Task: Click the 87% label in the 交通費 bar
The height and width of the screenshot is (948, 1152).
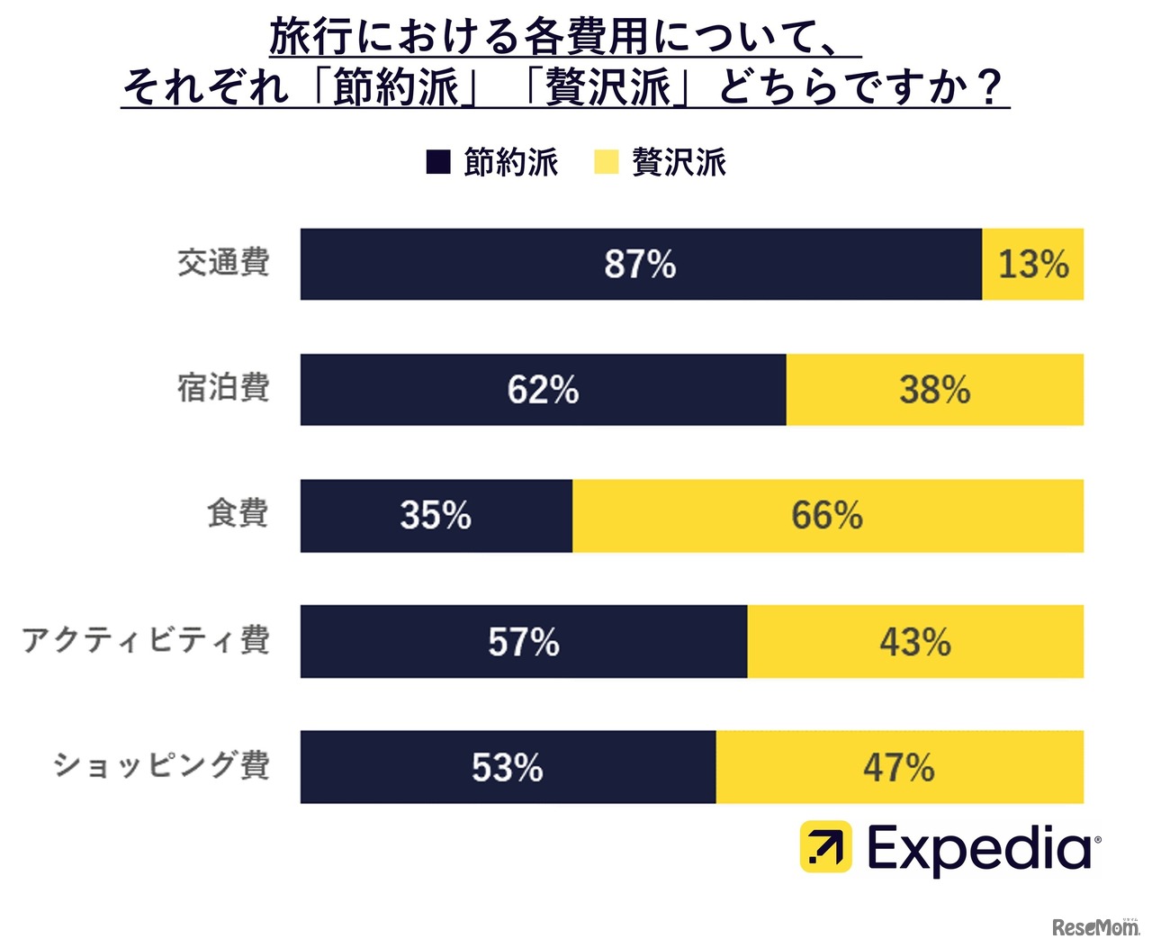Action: point(640,264)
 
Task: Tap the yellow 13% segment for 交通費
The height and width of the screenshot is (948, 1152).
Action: point(1033,264)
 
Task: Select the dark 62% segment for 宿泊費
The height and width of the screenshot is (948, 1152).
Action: point(543,390)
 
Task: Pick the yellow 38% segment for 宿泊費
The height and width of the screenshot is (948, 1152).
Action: point(934,390)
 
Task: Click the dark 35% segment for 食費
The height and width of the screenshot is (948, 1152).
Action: point(436,516)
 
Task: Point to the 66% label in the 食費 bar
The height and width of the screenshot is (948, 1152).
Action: point(826,516)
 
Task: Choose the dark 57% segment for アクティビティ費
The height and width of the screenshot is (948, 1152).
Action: point(523,642)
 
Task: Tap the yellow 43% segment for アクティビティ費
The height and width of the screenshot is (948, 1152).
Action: point(914,642)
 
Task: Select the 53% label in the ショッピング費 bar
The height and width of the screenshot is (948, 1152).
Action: point(507,768)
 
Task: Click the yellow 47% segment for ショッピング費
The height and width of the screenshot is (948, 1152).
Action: point(898,768)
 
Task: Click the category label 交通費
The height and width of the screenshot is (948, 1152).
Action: point(223,263)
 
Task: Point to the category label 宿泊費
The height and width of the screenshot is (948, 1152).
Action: point(223,388)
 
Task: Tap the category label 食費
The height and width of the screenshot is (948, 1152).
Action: point(238,513)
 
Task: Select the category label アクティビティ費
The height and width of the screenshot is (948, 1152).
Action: point(146,640)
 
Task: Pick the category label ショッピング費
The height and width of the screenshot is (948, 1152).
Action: point(161,765)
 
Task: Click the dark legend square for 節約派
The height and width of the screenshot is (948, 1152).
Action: point(438,163)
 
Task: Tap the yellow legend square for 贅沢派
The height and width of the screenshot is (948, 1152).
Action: point(607,163)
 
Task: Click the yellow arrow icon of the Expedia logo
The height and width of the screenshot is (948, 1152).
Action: point(825,846)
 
